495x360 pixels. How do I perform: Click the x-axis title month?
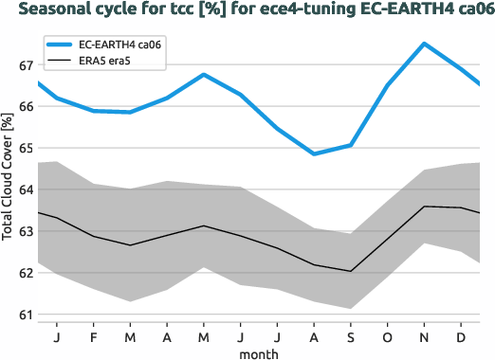(259, 353)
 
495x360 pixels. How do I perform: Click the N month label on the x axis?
(424, 337)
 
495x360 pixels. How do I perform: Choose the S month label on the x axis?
(351, 337)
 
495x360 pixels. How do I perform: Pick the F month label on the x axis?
(93, 337)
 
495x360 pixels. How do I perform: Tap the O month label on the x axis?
(387, 337)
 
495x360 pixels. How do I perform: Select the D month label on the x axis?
(461, 337)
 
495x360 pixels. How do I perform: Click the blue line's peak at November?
(424, 44)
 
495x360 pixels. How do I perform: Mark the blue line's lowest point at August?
(314, 153)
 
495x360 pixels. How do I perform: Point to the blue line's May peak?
(204, 74)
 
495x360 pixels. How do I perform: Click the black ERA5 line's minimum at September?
(351, 271)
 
